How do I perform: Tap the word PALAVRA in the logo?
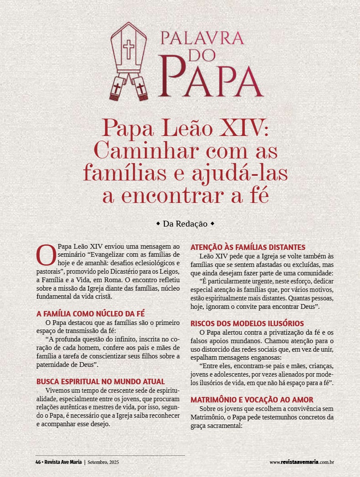(x=202, y=38)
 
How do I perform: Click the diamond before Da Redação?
(x=158, y=223)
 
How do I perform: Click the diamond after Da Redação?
(x=212, y=223)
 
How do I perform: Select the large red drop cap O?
(x=46, y=255)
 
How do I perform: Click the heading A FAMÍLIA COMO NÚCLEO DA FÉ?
(x=91, y=314)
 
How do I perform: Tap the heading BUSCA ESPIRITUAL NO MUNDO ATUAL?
(x=100, y=382)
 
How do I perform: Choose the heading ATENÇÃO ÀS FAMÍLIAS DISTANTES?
(x=248, y=247)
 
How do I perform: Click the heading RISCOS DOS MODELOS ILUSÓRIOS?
(x=247, y=324)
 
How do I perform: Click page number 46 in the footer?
(x=38, y=462)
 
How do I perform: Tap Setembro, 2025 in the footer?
(x=103, y=462)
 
